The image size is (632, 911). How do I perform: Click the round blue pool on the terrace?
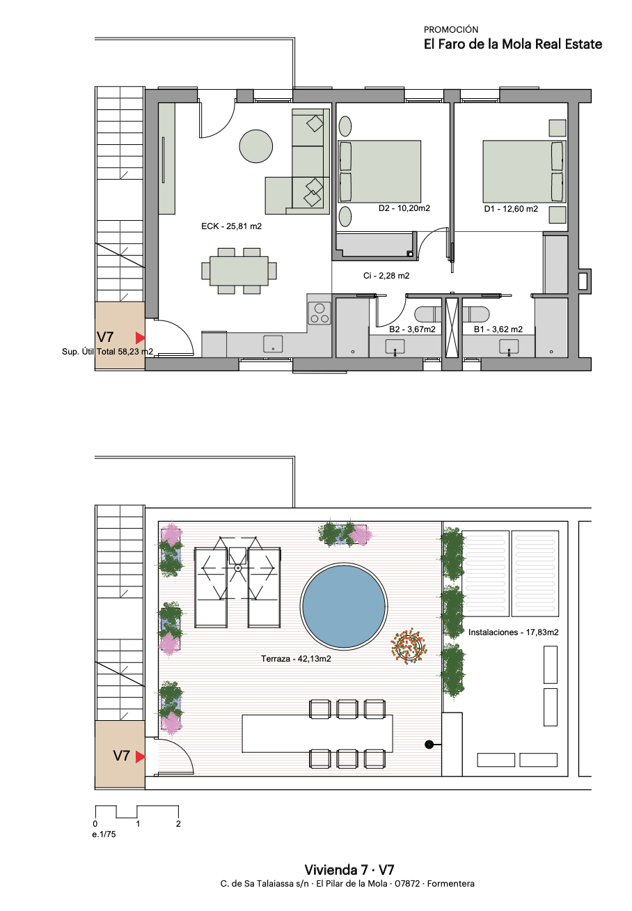[x=343, y=605]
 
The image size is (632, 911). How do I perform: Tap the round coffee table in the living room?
[x=255, y=146]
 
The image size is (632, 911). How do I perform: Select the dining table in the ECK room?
[x=239, y=271]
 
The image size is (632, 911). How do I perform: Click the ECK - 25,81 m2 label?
[x=231, y=226]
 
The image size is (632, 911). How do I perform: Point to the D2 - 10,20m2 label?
[x=404, y=208]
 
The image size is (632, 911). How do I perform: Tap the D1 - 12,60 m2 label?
[x=511, y=209]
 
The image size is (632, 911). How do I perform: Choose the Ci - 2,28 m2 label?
[x=386, y=276]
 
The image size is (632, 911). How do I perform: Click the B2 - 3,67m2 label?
[x=412, y=329]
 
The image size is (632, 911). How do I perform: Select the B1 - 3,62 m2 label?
[x=498, y=329]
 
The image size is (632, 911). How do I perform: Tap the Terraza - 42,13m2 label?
[x=296, y=659]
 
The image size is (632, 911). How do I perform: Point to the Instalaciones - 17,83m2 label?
[x=513, y=632]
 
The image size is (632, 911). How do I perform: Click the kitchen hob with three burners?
[x=319, y=313]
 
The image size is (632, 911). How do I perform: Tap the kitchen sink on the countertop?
[x=273, y=343]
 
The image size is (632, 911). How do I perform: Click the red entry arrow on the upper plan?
[x=140, y=338]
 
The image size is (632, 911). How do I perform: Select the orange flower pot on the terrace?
[x=409, y=646]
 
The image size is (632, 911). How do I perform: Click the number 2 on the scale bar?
[x=178, y=823]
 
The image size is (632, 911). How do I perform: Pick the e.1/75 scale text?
[x=104, y=834]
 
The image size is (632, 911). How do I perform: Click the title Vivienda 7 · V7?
[x=349, y=870]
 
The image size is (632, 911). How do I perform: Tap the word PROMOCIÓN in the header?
[x=451, y=30]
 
